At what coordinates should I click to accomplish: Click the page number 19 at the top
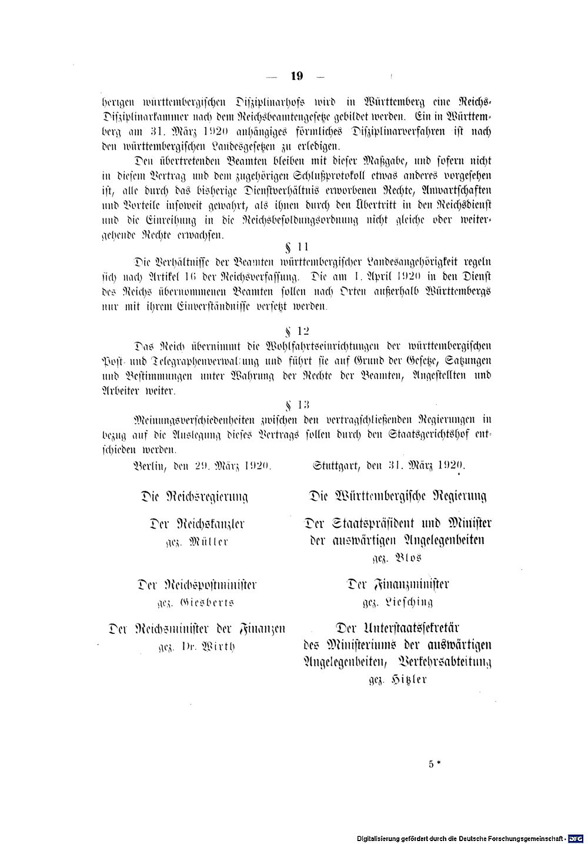[296, 75]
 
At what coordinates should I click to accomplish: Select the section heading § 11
[296, 246]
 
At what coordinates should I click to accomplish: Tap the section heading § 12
[296, 331]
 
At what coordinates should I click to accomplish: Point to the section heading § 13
[296, 404]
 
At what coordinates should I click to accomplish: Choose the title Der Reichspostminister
[196, 585]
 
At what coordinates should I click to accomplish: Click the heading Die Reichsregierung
[194, 496]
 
